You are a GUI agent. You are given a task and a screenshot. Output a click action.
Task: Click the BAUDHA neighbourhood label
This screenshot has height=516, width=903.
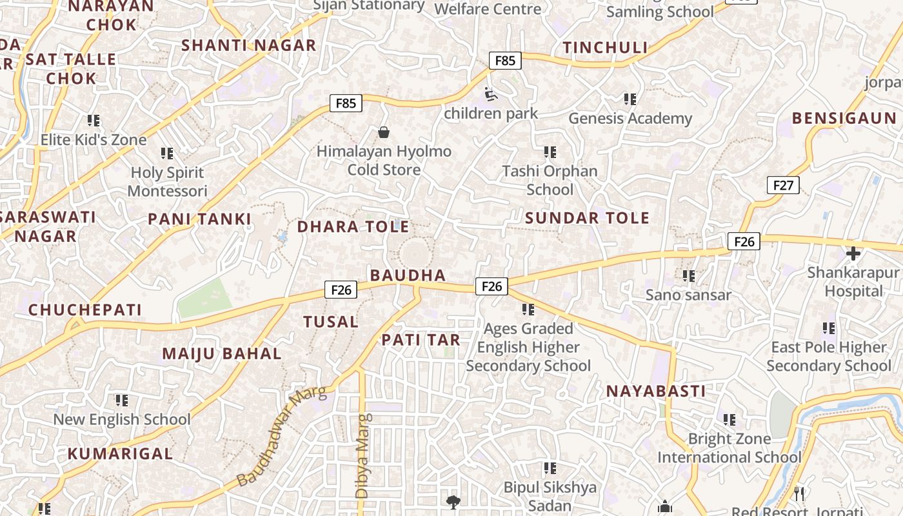pyautogui.click(x=408, y=275)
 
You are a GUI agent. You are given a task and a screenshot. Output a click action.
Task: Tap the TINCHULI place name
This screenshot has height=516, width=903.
pyautogui.click(x=605, y=48)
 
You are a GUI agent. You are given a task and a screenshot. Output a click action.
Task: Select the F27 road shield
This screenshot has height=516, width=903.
pyautogui.click(x=783, y=186)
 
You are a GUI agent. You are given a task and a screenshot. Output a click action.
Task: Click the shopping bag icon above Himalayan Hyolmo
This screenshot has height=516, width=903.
pyautogui.click(x=384, y=132)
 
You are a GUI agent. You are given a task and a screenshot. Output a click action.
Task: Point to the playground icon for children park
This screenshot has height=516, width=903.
pyautogui.click(x=491, y=95)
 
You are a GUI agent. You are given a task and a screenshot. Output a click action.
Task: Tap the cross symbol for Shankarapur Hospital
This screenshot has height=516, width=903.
pyautogui.click(x=853, y=253)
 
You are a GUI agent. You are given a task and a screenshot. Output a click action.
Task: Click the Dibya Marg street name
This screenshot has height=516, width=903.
pyautogui.click(x=362, y=455)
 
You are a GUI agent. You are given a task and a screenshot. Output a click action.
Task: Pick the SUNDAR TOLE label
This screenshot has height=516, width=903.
pyautogui.click(x=587, y=218)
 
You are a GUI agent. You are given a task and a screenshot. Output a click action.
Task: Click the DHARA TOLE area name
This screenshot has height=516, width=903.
pyautogui.click(x=353, y=227)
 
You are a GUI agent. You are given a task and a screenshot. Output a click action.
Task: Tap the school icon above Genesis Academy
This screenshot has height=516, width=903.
pyautogui.click(x=630, y=99)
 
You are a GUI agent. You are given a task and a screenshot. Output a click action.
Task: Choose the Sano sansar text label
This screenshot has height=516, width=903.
pyautogui.click(x=688, y=295)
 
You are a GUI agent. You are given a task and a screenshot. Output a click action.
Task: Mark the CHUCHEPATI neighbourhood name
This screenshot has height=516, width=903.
pyautogui.click(x=84, y=310)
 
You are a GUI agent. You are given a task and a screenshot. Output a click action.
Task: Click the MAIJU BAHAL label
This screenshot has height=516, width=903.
pyautogui.click(x=221, y=353)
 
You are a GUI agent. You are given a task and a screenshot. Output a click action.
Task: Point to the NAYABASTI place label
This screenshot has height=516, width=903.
pyautogui.click(x=655, y=391)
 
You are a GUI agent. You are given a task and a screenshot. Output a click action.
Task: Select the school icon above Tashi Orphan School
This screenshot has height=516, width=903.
pyautogui.click(x=550, y=152)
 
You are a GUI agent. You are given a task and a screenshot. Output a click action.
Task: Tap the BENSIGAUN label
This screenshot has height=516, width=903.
pyautogui.click(x=844, y=118)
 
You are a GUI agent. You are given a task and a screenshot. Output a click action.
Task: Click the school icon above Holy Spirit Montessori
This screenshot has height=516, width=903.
pyautogui.click(x=167, y=154)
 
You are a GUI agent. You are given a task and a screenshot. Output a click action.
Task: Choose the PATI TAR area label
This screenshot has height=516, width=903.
pyautogui.click(x=421, y=340)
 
